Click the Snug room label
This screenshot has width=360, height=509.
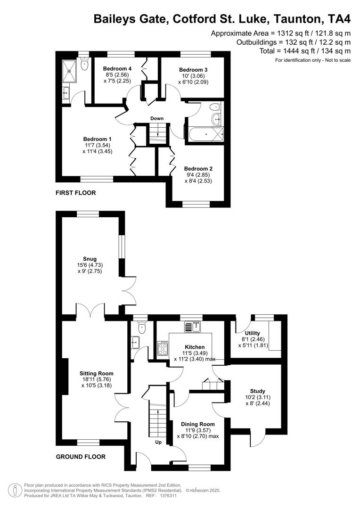point(90,259)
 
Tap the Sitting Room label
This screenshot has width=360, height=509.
point(96,373)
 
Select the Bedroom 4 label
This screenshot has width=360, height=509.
point(117,69)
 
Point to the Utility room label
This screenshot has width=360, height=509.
point(252,333)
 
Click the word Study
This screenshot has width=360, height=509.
point(258,391)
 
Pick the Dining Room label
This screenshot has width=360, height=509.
point(198,424)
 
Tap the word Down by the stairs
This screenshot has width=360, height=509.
point(157,118)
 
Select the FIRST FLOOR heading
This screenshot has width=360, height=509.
point(76,193)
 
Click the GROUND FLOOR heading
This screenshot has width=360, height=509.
point(81,457)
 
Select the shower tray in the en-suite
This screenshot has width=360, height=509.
point(71,71)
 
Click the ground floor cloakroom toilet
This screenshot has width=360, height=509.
point(142,327)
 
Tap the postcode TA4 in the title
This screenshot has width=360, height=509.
point(339,19)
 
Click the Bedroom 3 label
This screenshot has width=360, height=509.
point(193,70)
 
